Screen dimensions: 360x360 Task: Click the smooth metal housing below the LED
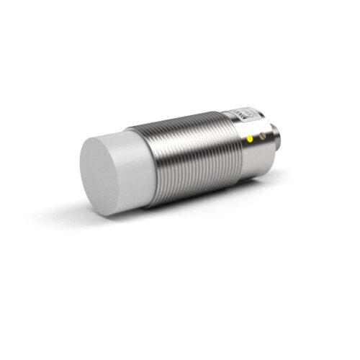point(248,155)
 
